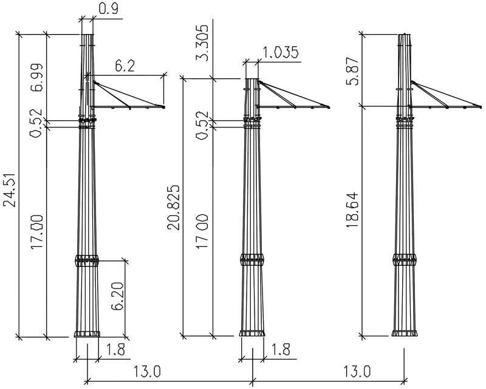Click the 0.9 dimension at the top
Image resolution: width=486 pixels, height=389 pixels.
pyautogui.click(x=109, y=9)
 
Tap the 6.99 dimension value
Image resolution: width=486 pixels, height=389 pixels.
pyautogui.click(x=36, y=78)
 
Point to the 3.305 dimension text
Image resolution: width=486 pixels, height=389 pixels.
pyautogui.click(x=203, y=42)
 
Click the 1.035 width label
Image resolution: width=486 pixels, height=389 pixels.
pyautogui.click(x=281, y=52)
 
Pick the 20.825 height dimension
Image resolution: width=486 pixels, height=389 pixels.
pyautogui.click(x=174, y=208)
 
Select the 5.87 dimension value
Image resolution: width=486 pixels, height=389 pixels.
pyautogui.click(x=352, y=71)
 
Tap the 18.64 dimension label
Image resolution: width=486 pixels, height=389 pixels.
pyautogui.click(x=352, y=211)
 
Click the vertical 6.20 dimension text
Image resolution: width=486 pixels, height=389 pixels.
pyautogui.click(x=118, y=296)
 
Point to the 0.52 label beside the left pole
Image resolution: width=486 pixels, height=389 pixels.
pyautogui.click(x=36, y=123)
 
